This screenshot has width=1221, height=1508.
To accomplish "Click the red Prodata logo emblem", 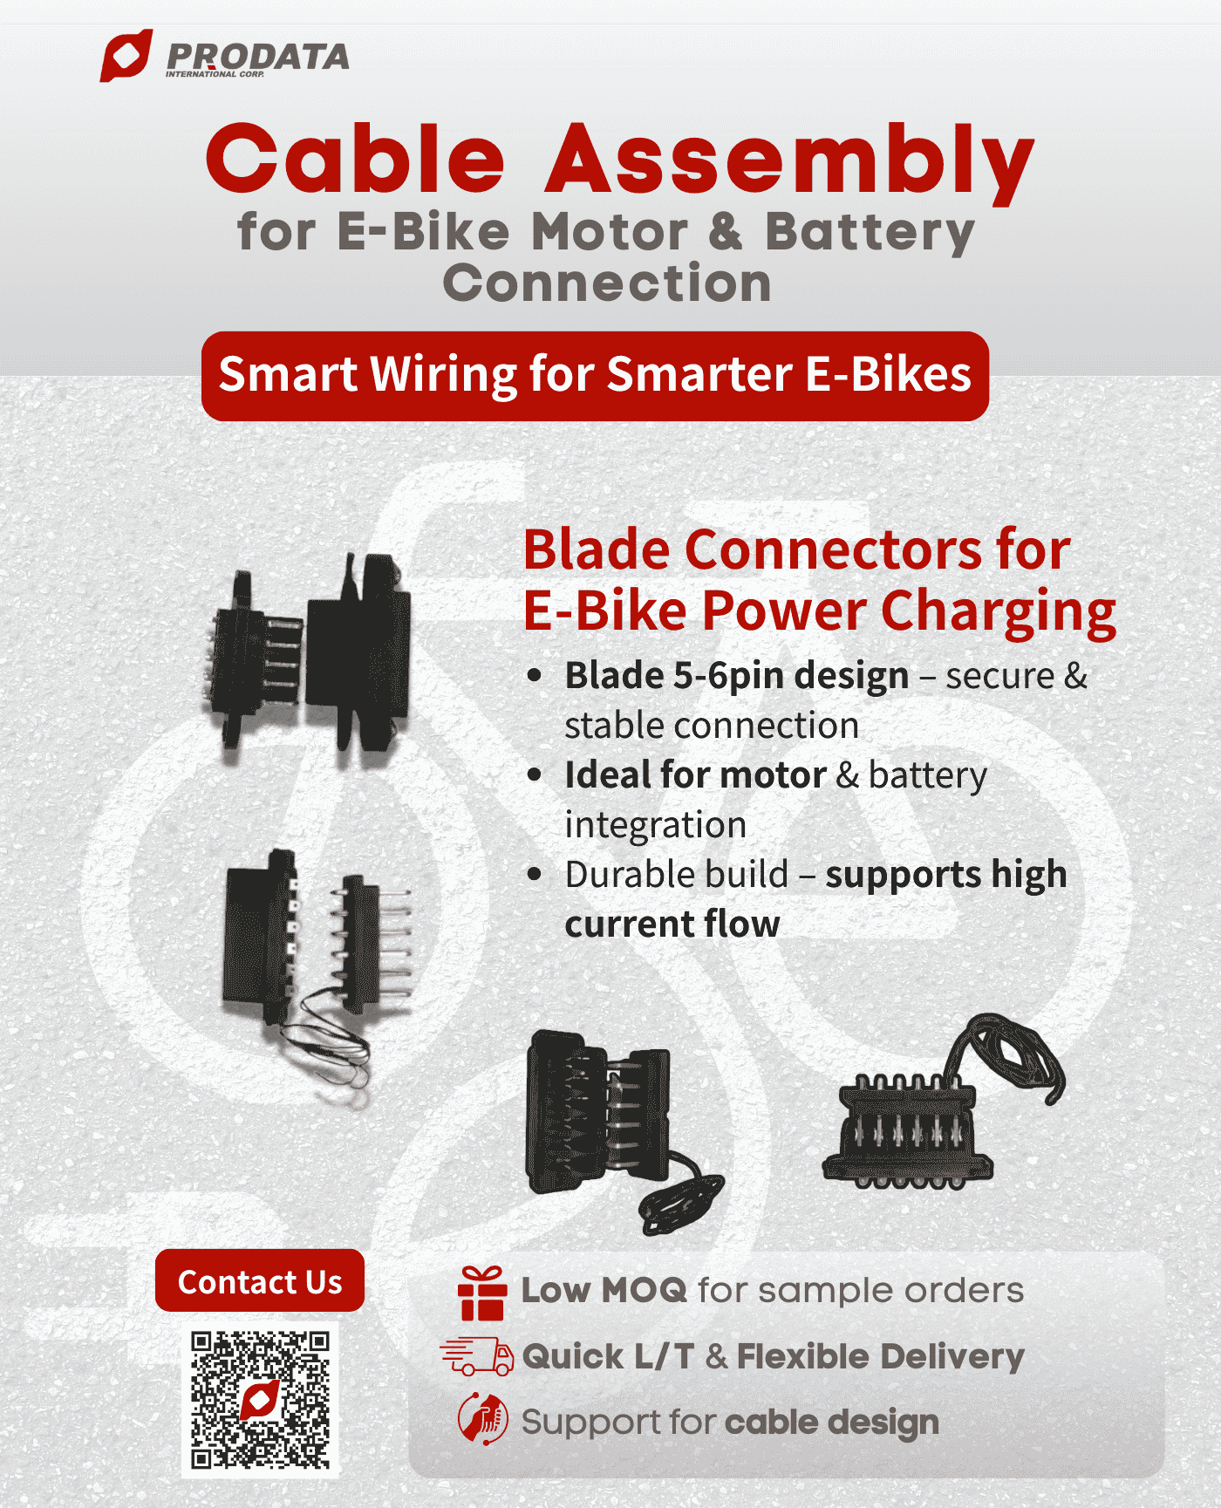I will [126, 56].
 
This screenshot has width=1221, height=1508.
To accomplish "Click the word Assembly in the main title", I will [789, 160].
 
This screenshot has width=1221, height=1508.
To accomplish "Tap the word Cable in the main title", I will [355, 160].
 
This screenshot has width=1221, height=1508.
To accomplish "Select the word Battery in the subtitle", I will [870, 233].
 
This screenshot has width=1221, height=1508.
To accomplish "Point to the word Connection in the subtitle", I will [607, 283].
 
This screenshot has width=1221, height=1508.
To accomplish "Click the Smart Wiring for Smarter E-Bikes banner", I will [595, 376].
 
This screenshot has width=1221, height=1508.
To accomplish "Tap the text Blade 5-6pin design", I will [737, 676].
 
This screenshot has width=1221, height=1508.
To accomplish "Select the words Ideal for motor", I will [695, 774].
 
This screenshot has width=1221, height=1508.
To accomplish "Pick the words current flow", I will [672, 925].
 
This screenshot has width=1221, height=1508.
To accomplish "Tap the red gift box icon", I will [481, 1293].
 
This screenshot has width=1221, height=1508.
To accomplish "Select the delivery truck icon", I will [477, 1356].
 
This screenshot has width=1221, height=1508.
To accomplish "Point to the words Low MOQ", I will [604, 1291].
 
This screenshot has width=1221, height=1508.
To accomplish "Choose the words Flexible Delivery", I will [880, 1356].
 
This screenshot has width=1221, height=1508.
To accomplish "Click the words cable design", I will [831, 1423].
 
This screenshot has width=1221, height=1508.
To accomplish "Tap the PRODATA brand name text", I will [257, 57].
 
